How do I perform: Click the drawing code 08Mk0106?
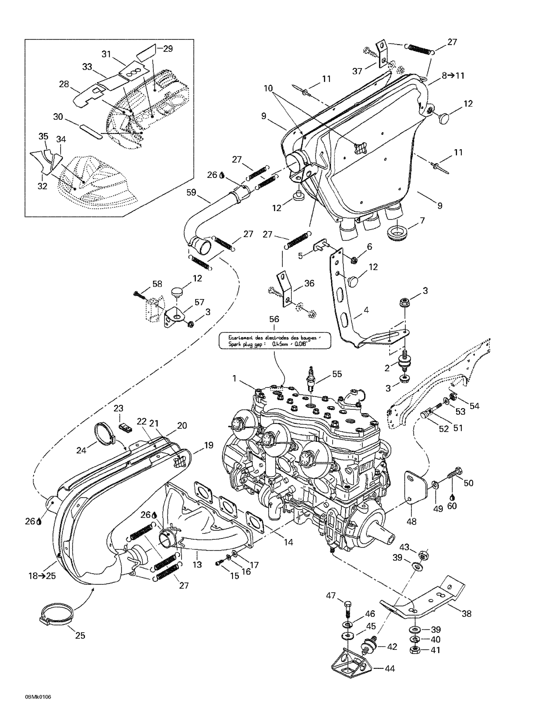(x=38, y=697)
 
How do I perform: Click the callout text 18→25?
(x=42, y=576)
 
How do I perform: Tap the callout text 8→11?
(x=453, y=76)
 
